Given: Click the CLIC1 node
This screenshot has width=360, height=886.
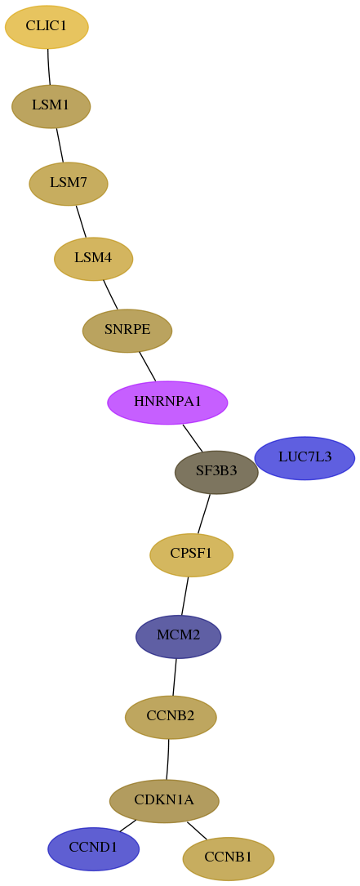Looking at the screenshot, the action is pos(47,27).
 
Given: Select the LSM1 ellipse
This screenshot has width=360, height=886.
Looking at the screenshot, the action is pos(51,105).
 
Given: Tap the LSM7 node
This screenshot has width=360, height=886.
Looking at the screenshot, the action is pos(69,184).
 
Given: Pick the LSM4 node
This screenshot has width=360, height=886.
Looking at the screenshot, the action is pos(93,259).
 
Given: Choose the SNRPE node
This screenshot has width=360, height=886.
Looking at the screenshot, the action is pos(127,331).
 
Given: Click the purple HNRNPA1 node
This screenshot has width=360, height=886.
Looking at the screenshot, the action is pos(167,403).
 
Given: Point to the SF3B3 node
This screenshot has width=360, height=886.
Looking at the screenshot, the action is pos(216,472).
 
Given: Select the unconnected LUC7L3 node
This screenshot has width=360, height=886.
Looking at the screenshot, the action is pos(304,457).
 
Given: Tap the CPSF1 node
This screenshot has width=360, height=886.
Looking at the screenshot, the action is pos(192,555).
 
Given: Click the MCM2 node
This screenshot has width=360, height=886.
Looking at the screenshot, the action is pos(179,636).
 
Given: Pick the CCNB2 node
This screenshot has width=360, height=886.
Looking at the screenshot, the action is pos(171,717).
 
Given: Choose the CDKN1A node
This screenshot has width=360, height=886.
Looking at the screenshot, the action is pos(164,801).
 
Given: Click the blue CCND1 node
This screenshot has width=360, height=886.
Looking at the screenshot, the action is pos(93,848).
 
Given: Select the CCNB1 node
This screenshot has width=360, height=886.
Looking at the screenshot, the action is pos(229,858).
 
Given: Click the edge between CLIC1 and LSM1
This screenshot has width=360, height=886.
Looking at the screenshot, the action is pos(49,67).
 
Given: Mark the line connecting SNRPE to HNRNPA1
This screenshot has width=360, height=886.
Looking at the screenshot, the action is pos(147,366).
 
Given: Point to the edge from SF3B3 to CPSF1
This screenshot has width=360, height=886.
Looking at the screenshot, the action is pos(203,514).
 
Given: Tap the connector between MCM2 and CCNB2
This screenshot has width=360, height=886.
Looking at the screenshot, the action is pos(175,677).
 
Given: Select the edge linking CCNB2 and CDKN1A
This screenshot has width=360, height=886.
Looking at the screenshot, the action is pos(167,759).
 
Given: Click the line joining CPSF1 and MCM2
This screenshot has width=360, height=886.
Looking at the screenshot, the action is pos(184,595).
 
